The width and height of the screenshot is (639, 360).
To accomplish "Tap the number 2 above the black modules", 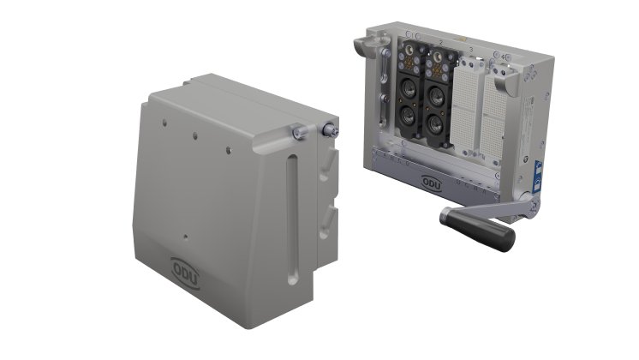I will pyautogui.click(x=439, y=40).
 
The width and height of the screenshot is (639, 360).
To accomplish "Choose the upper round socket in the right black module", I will pyautogui.click(x=438, y=93).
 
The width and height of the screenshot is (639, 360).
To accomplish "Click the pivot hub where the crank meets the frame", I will pyautogui.click(x=534, y=205).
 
